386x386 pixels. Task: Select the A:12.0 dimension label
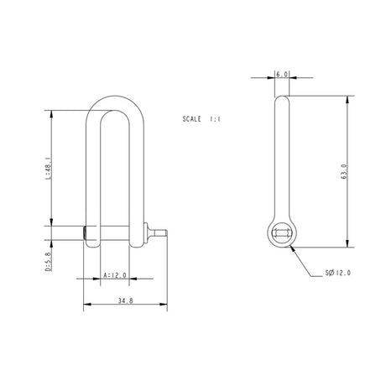pyautogui.click(x=114, y=275)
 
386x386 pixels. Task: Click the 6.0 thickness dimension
pyautogui.click(x=282, y=75)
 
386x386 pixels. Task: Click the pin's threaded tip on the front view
pyautogui.click(x=164, y=234)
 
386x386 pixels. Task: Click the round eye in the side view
pyautogui.click(x=283, y=234)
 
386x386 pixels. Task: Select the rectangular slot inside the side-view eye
pyautogui.click(x=283, y=234)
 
